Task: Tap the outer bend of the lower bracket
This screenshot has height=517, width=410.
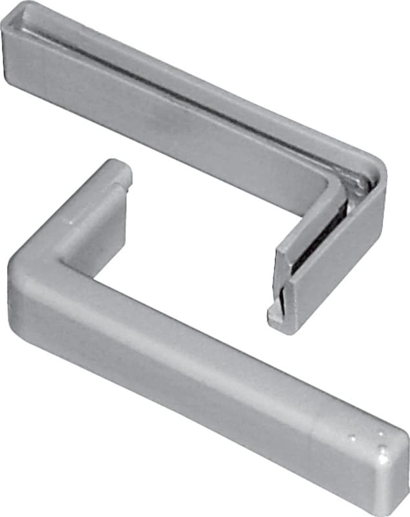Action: click(x=19, y=265)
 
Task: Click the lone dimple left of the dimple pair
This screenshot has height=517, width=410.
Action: click(x=352, y=438)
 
